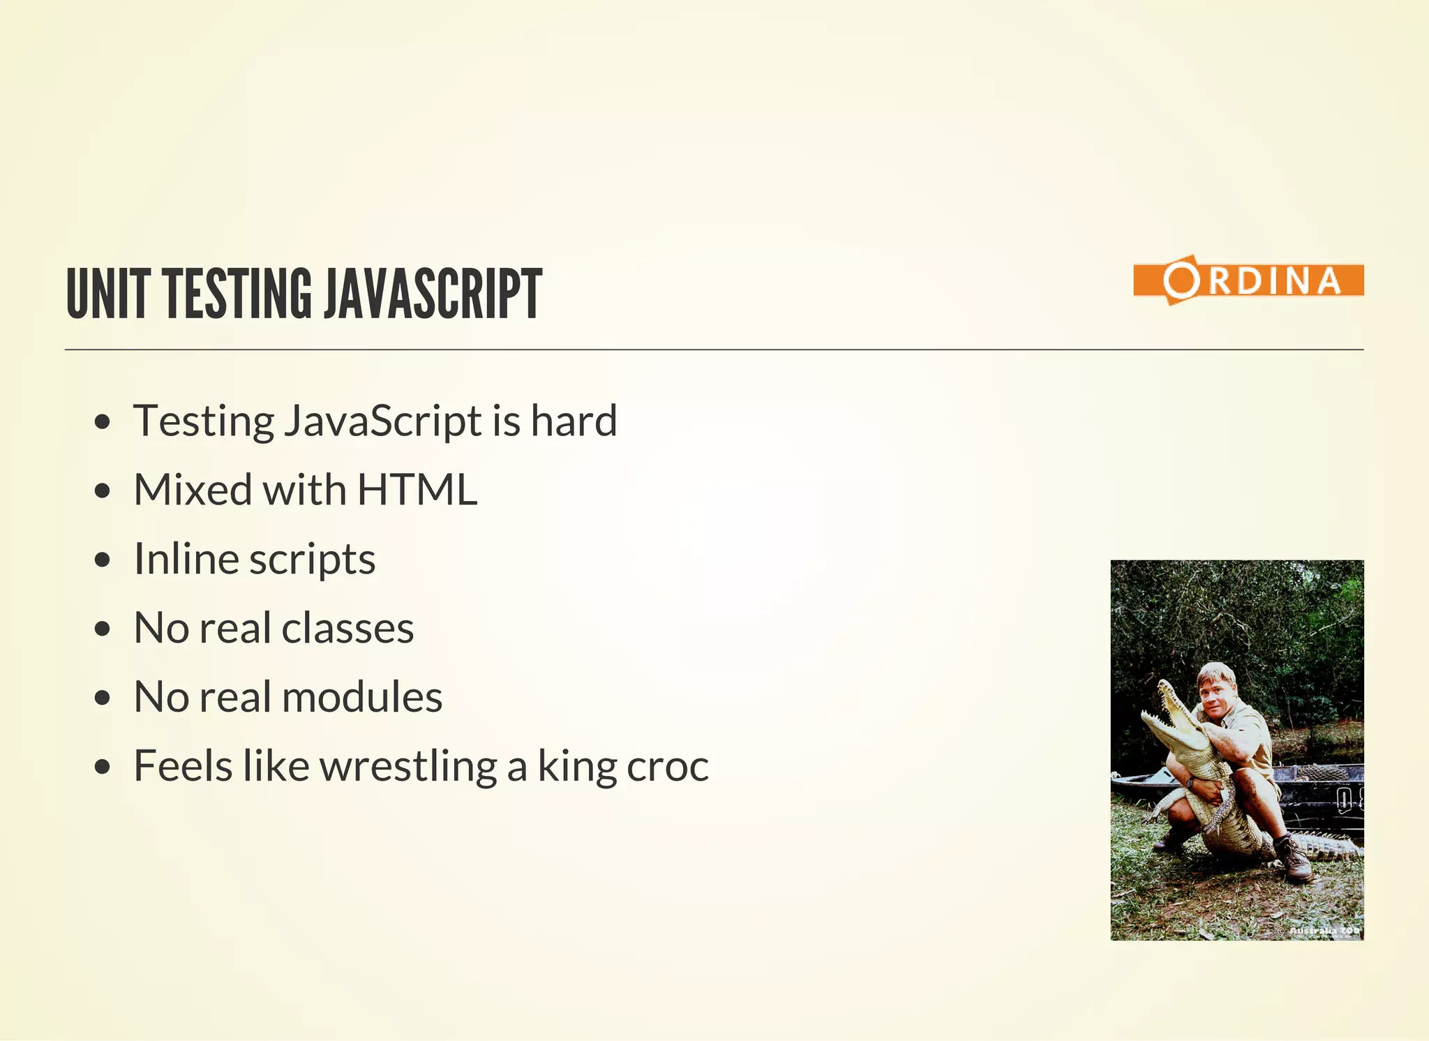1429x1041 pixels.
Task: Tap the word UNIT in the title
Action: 108,294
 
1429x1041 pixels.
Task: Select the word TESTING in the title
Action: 238,294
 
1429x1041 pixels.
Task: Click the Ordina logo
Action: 1248,280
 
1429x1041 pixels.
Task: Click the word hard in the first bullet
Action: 574,421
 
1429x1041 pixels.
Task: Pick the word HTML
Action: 417,490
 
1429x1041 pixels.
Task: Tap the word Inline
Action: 185,559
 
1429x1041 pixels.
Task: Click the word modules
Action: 361,697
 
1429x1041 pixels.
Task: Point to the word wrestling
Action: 408,767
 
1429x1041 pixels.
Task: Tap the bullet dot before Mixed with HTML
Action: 103,490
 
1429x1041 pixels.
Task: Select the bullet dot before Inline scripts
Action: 103,560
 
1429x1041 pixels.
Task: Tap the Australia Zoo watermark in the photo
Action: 1322,931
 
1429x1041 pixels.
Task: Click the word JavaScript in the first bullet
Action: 383,421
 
